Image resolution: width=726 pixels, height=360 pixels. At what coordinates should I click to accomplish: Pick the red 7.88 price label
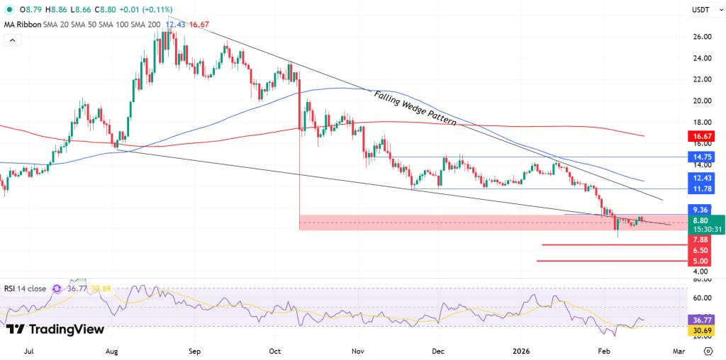700,240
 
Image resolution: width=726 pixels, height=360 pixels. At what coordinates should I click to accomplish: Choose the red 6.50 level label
700,250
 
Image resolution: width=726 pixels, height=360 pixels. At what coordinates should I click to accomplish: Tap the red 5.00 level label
700,261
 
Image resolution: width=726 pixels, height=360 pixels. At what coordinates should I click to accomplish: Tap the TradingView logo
55,329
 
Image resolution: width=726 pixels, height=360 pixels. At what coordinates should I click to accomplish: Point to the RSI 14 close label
25,288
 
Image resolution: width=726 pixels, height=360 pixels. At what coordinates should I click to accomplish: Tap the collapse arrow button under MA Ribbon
13,40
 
